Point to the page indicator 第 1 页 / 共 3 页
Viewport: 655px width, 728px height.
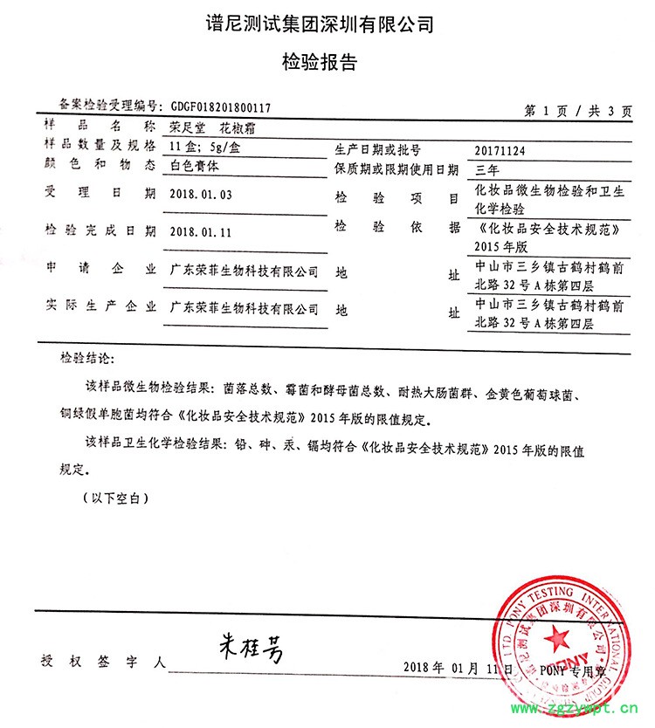pos(576,111)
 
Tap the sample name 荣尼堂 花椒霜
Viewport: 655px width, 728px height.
pos(212,129)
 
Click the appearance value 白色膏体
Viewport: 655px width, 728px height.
pos(196,164)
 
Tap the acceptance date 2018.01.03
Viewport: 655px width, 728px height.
pos(201,194)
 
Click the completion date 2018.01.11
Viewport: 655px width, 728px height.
pos(201,231)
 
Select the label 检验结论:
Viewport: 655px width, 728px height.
pos(86,359)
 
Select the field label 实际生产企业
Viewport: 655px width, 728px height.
pos(100,306)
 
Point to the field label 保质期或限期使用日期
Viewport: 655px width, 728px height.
pos(396,168)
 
